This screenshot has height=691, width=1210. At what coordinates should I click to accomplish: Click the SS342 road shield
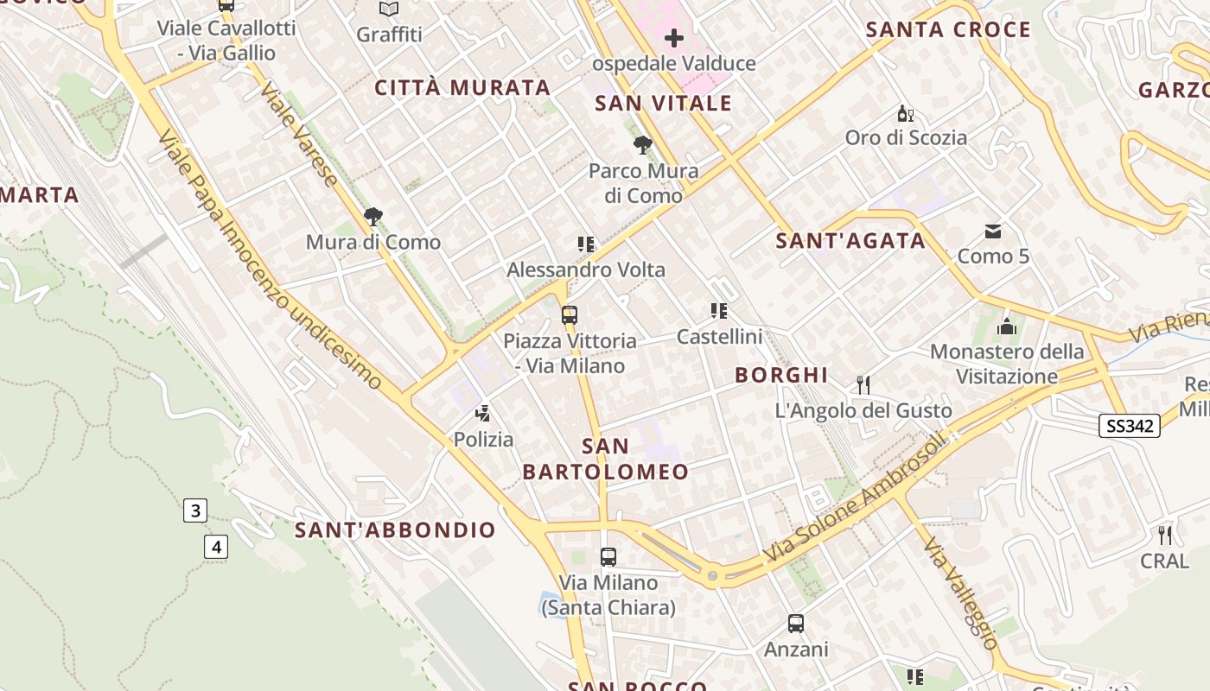(x=1129, y=425)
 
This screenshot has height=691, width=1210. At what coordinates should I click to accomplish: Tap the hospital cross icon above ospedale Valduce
(x=673, y=38)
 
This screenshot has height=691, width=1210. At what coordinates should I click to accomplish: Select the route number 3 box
(x=194, y=510)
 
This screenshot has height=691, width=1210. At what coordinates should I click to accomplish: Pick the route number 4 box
(x=216, y=546)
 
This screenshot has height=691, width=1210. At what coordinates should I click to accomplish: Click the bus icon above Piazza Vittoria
(x=569, y=315)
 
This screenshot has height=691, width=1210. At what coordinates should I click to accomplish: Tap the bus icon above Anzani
(x=795, y=624)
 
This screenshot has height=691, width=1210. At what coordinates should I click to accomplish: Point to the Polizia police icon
(x=483, y=414)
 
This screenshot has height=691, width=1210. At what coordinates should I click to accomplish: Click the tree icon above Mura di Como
(x=373, y=217)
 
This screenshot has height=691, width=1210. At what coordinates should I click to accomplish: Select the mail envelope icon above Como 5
(x=993, y=231)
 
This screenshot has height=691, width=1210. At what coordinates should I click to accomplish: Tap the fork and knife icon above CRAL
(x=1165, y=536)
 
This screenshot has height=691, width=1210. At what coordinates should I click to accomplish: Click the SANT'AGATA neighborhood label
(x=850, y=241)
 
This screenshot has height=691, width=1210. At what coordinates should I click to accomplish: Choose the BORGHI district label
(x=781, y=375)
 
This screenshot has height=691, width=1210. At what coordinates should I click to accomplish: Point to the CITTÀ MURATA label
(x=462, y=87)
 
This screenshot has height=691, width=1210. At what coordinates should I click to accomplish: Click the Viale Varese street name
(x=299, y=135)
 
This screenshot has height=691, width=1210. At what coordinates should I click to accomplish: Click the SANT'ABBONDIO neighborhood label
(x=395, y=529)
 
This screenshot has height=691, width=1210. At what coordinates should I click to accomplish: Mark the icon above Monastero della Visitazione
(x=1006, y=326)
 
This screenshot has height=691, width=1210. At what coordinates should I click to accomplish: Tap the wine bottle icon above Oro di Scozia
(x=905, y=113)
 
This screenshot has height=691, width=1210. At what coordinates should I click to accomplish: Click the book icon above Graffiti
(x=389, y=10)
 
